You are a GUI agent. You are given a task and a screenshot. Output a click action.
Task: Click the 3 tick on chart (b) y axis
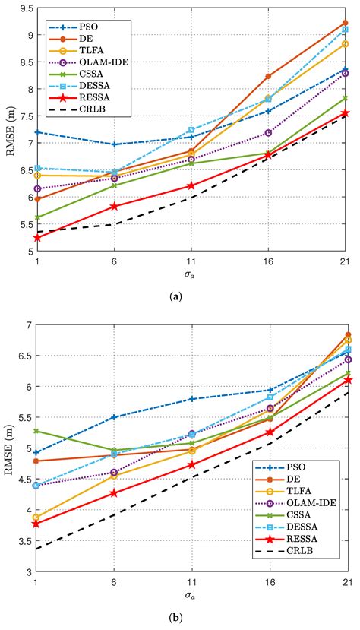(27, 571)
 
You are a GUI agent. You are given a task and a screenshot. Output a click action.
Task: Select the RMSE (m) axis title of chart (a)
(9, 132)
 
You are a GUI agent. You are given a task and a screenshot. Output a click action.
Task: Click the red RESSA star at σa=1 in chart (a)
(36, 237)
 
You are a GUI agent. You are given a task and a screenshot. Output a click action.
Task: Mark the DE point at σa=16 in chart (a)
(267, 76)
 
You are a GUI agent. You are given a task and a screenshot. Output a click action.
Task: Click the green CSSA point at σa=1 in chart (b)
(36, 430)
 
